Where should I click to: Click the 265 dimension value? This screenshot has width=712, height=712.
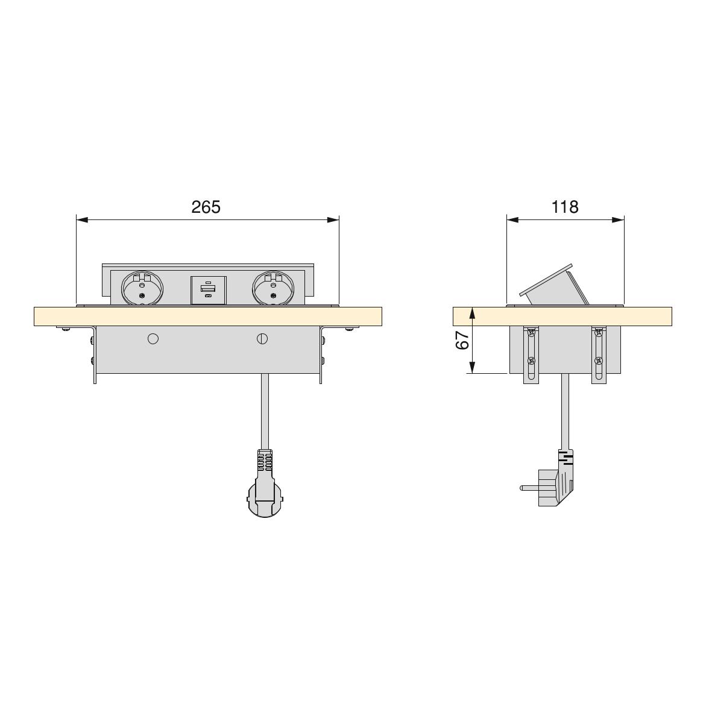point(206,207)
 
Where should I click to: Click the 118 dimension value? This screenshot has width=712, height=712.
point(565,207)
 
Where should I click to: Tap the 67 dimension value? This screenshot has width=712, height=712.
point(462,341)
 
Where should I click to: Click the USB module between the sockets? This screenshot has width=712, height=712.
point(208,290)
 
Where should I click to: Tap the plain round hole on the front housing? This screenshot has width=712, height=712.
point(153,339)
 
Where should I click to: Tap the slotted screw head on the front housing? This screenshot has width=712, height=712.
point(262,339)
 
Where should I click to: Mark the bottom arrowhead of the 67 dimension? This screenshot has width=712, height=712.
point(473,368)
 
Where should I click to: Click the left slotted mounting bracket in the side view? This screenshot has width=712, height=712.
point(531,356)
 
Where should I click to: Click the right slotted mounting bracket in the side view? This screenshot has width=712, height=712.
point(598,356)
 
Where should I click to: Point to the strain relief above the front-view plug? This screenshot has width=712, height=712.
point(265,461)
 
